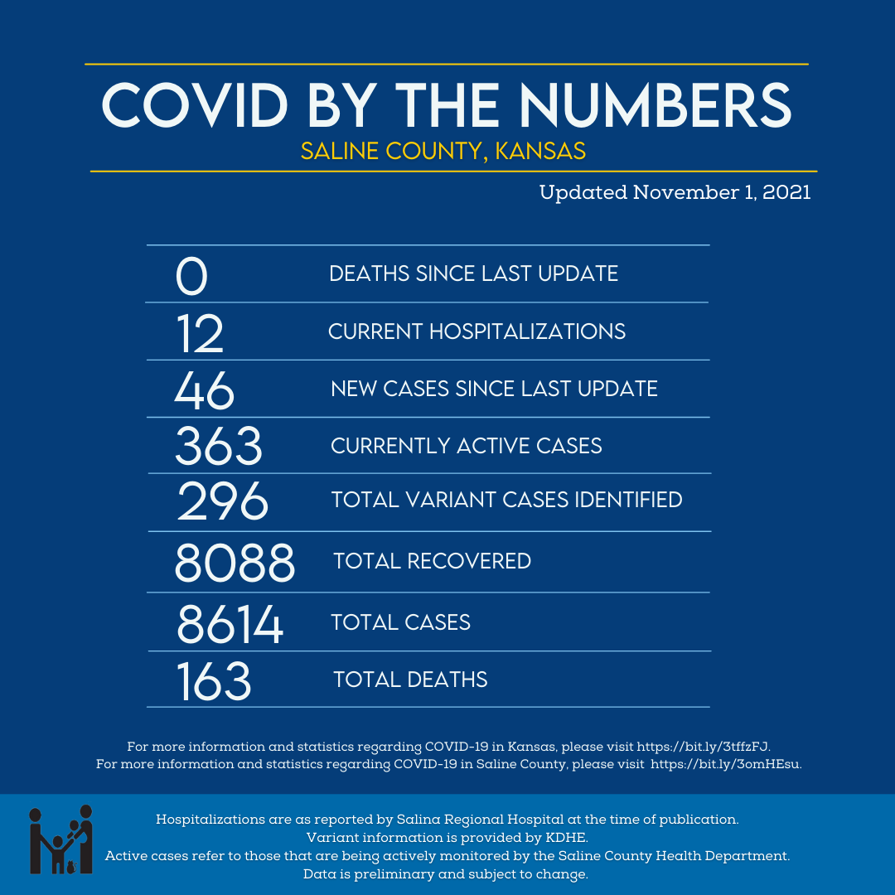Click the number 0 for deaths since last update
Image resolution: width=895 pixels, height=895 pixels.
(191, 276)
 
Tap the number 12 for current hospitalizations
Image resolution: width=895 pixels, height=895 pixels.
(201, 334)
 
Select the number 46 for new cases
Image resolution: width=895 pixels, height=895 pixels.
(205, 390)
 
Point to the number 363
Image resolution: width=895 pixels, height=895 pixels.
(219, 447)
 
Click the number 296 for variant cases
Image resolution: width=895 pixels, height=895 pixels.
(223, 501)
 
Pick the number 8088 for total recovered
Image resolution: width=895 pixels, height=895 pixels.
(235, 563)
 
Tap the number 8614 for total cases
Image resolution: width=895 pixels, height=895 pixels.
(230, 624)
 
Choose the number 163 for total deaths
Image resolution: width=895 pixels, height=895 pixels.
(214, 681)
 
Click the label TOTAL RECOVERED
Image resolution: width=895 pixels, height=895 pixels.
(432, 561)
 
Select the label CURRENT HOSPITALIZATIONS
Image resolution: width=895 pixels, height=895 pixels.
(477, 331)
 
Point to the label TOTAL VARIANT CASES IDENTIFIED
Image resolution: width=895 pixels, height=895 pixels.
(506, 500)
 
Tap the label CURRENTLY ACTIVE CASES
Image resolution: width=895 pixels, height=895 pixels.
(466, 446)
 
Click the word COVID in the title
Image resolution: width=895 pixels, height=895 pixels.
(196, 105)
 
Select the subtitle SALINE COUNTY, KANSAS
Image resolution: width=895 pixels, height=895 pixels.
(443, 151)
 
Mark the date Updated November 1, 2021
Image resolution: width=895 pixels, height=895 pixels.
(675, 193)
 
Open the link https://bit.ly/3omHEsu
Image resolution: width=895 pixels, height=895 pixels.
(725, 764)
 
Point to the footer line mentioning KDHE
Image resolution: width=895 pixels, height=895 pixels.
(447, 837)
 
